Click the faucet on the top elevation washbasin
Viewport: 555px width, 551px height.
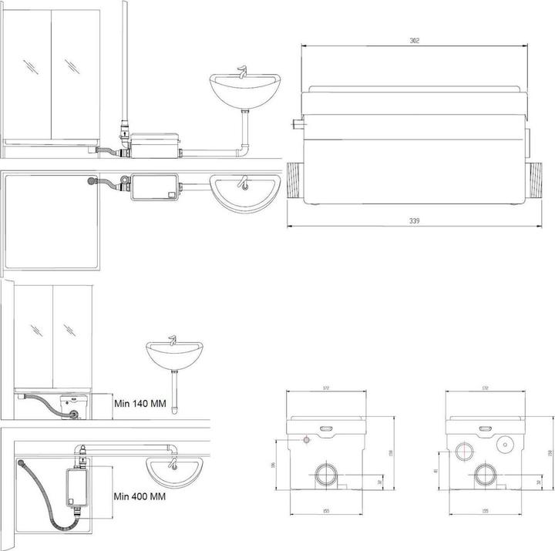[x=241, y=75]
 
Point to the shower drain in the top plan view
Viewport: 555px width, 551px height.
[x=94, y=181]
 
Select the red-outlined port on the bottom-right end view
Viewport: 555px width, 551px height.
[x=465, y=452]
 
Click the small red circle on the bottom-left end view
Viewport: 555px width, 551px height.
[x=307, y=440]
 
